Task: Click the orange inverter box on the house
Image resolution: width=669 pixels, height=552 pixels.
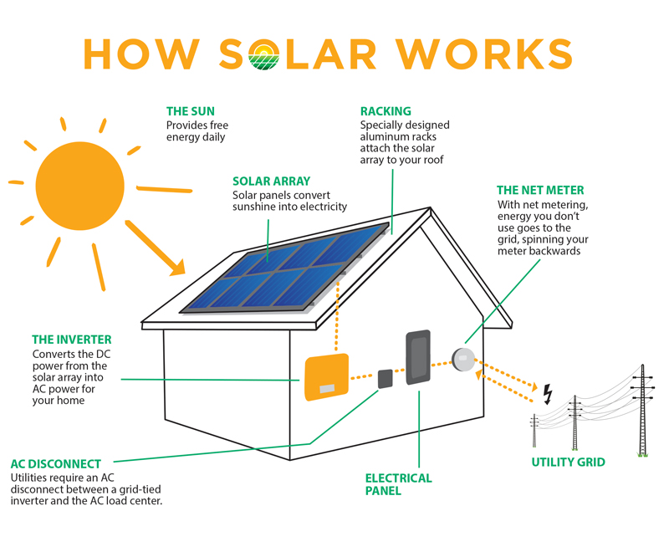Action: click(326, 377)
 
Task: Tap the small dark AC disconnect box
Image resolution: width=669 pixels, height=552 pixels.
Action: click(386, 379)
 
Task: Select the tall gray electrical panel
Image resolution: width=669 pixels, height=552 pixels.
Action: click(418, 357)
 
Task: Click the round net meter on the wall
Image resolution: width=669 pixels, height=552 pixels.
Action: click(463, 360)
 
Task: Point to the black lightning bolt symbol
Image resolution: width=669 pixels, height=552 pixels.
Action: click(548, 394)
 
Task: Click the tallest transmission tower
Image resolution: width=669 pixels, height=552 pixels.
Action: click(642, 411)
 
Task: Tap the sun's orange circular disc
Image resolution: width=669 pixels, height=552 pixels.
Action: click(79, 186)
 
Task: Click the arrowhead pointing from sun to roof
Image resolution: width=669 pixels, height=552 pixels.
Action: click(178, 268)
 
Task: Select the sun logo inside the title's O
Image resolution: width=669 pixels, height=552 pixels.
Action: click(263, 54)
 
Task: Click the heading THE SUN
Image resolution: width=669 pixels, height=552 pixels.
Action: click(191, 111)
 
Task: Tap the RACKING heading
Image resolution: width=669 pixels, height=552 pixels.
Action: click(386, 111)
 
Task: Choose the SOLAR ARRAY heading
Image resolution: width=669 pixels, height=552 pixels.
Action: click(271, 181)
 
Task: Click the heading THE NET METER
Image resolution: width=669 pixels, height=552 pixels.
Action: click(540, 190)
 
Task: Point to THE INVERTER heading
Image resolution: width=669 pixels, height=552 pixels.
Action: click(72, 340)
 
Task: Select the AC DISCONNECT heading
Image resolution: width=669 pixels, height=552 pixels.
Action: click(56, 463)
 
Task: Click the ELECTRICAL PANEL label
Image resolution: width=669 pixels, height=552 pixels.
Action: click(399, 484)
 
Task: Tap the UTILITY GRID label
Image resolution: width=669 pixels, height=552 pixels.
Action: click(569, 462)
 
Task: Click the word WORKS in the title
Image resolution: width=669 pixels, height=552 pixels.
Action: click(484, 54)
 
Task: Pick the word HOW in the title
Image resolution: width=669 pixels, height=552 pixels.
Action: click(141, 54)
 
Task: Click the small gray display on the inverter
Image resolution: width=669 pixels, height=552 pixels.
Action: click(327, 389)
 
